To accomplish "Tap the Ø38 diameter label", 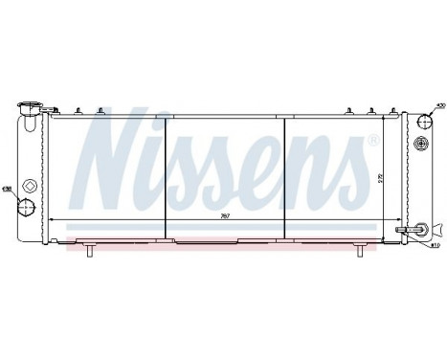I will pyautogui.click(x=8, y=188).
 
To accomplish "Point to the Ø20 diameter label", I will pyautogui.click(x=440, y=105).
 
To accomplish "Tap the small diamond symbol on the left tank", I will pyautogui.click(x=30, y=186).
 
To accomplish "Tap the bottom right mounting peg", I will pyautogui.click(x=359, y=250).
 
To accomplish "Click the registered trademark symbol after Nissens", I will pyautogui.click(x=374, y=141).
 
